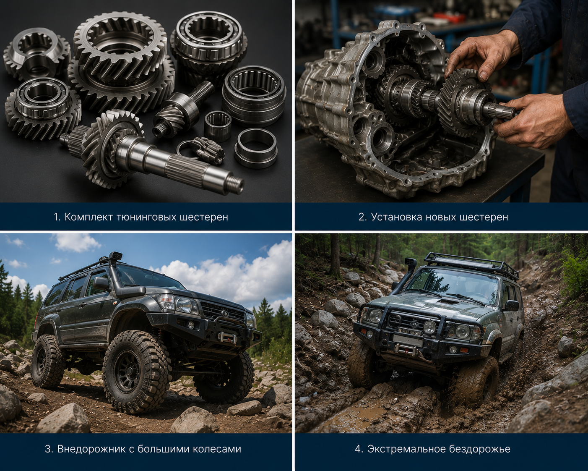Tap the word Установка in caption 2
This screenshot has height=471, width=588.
tap(393, 217)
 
